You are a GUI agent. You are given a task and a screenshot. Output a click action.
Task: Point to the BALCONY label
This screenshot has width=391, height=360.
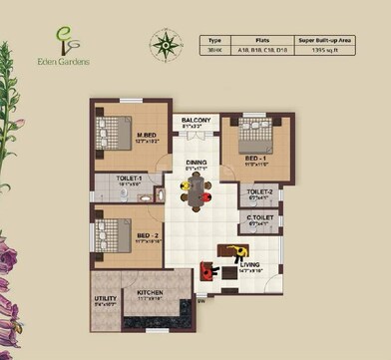(195, 122)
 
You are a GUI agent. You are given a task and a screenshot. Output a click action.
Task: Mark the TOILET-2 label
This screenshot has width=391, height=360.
(259, 194)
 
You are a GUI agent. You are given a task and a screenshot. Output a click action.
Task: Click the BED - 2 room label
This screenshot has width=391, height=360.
(148, 236)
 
